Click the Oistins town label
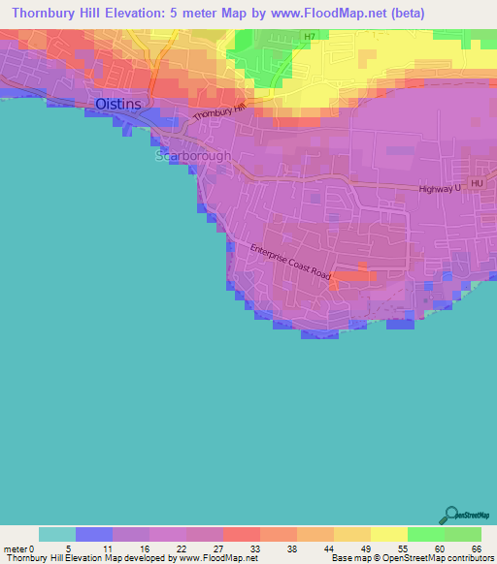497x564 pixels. click(117, 104)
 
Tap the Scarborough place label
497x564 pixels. click(194, 155)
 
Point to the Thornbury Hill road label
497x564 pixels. click(218, 111)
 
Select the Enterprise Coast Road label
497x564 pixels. click(290, 263)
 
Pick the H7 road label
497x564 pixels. click(309, 37)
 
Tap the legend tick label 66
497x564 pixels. click(475, 548)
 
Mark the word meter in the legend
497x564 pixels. click(16, 548)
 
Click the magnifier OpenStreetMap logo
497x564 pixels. click(450, 514)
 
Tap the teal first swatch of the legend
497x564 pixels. click(57, 534)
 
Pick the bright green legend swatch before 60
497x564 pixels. click(425, 534)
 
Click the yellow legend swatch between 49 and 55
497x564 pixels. click(388, 534)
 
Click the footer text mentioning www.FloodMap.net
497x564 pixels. click(130, 558)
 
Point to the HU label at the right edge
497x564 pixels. click(477, 183)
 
